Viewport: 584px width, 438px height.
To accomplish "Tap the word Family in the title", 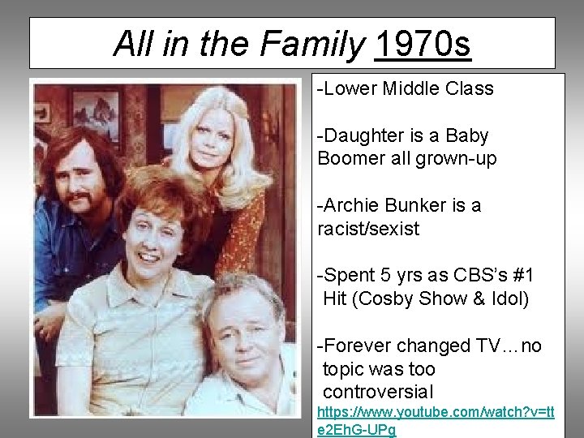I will (x=311, y=44).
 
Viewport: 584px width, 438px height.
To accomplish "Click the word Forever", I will (x=360, y=346).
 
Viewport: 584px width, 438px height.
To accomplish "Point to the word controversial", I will (x=378, y=393).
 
